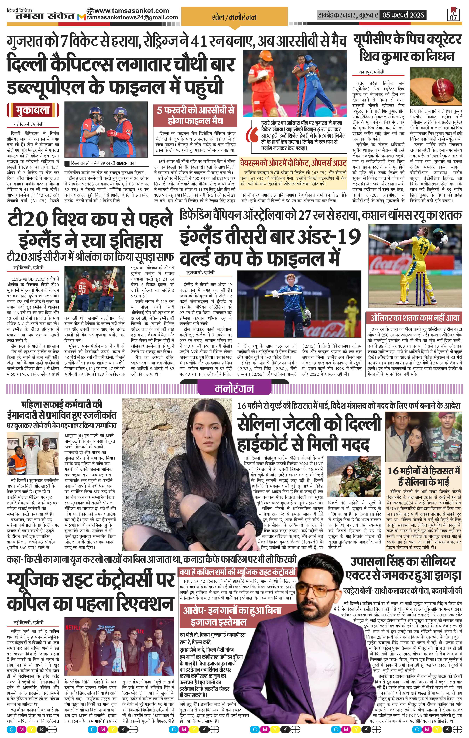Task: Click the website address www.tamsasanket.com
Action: tap(128, 10)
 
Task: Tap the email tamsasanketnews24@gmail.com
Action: tap(132, 18)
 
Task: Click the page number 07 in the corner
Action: tap(453, 17)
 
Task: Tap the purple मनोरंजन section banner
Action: tap(234, 388)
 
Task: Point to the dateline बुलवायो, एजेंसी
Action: tap(200, 272)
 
